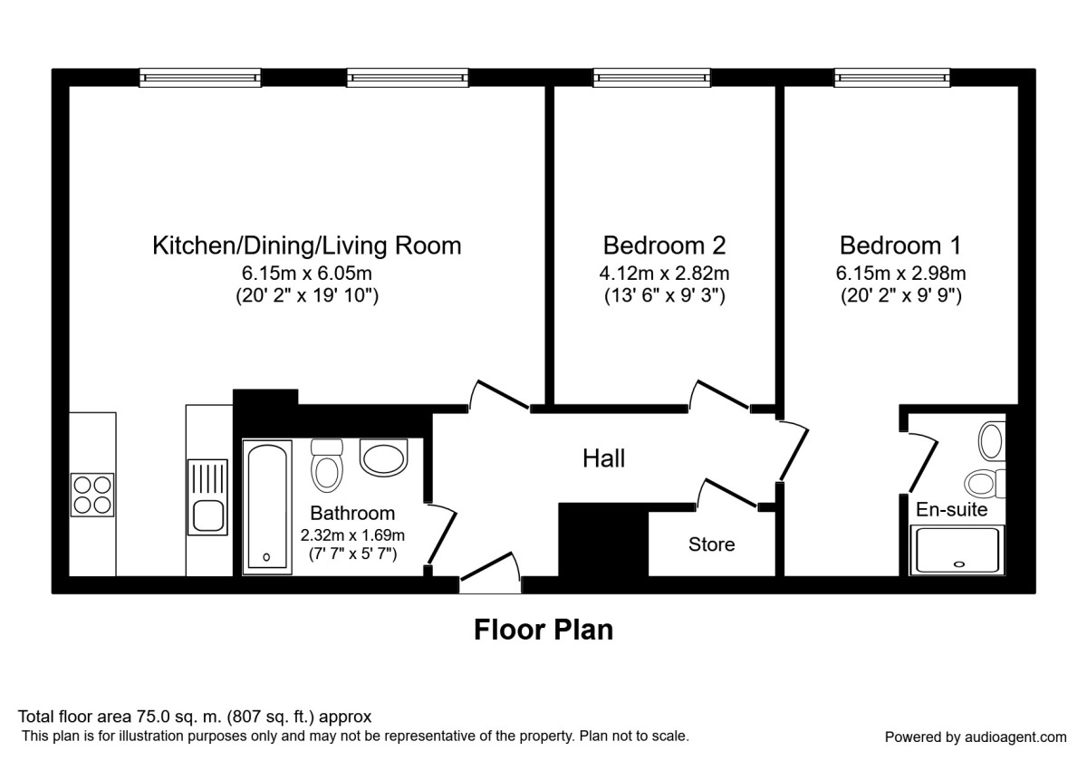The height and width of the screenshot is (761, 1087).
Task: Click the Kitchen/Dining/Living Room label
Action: (x=306, y=246)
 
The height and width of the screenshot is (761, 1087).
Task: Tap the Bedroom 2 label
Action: (x=664, y=246)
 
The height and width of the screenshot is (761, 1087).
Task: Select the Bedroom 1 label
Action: (x=900, y=246)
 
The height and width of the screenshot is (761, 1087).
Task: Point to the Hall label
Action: (x=603, y=459)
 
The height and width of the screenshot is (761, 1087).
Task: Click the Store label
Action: (x=711, y=544)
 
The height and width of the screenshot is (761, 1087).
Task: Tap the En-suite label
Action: (x=951, y=510)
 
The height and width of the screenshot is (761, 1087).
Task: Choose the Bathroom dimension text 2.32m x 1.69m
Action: (x=352, y=535)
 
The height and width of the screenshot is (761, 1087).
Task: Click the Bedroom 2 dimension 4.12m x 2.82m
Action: (x=664, y=273)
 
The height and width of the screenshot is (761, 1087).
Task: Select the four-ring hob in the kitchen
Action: (x=92, y=496)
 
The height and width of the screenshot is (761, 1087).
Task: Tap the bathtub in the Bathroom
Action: (x=267, y=505)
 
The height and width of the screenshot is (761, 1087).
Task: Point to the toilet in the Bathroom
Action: (x=326, y=463)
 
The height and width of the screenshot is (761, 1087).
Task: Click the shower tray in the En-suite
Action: (x=958, y=551)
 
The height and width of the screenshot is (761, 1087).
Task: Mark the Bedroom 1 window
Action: (x=892, y=79)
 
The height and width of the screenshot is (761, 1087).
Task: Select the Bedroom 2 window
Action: (x=650, y=79)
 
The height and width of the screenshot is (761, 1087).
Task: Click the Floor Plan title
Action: (x=543, y=630)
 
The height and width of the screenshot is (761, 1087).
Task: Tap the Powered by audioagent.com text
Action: (x=976, y=737)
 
